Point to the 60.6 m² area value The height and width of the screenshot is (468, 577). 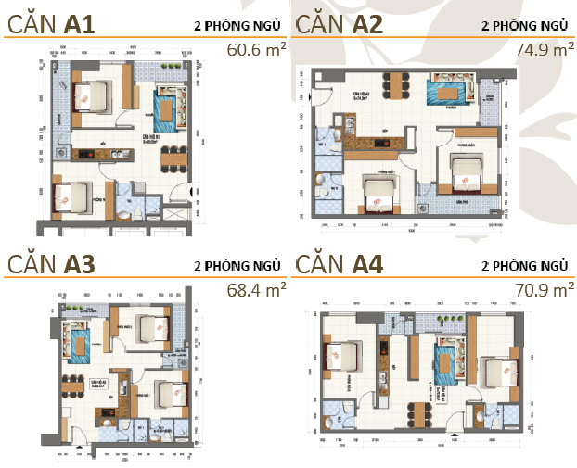pos(256,47)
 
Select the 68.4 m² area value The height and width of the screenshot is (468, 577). pos(256,290)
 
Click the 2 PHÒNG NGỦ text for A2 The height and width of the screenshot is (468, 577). pos(524,25)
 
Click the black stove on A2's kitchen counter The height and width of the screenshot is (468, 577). pos(365,142)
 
